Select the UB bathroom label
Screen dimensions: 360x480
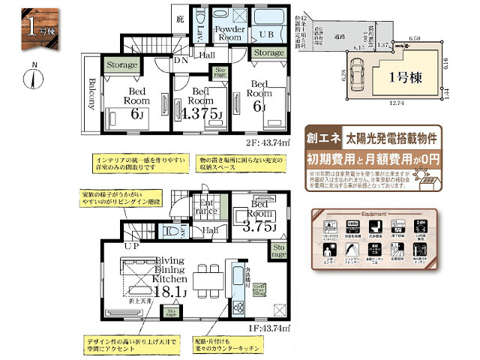coord(266,34)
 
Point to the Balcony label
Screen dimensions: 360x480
coord(91,94)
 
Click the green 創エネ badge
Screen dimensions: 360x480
coord(321,139)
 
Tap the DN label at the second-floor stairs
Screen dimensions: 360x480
coord(180,59)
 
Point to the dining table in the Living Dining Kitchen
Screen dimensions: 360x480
coord(208,278)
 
